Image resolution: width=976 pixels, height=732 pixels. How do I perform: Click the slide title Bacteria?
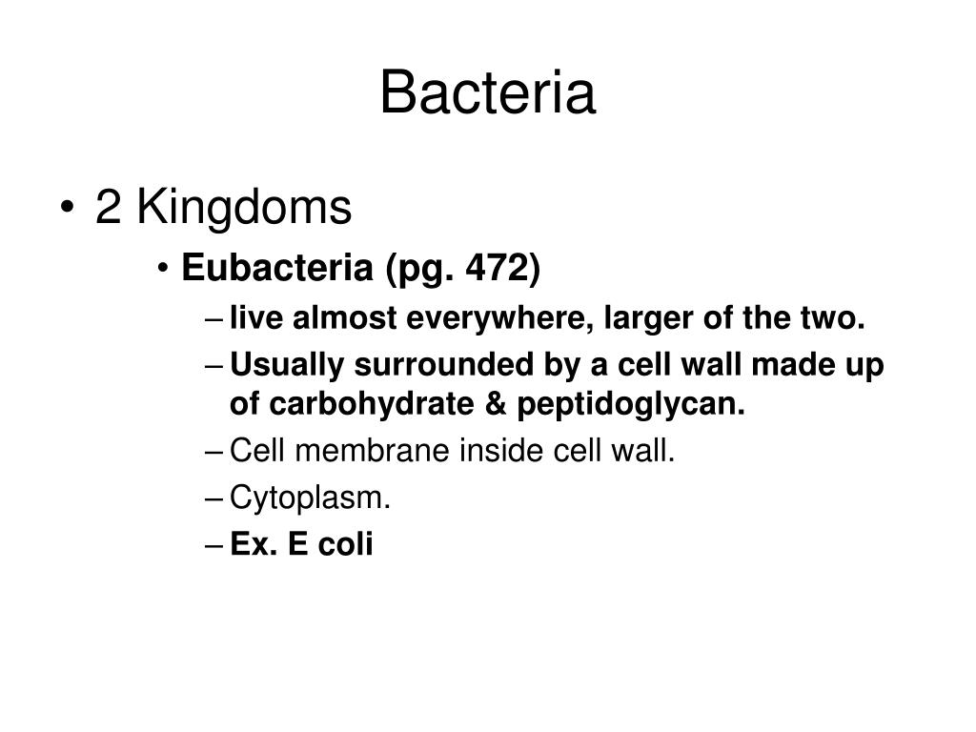point(488,92)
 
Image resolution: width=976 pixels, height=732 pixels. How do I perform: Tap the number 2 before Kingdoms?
point(108,207)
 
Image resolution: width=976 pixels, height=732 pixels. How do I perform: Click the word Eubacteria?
point(277,268)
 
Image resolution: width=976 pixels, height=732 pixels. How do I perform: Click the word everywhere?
point(496,318)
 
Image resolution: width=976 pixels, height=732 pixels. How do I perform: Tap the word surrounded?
point(444,365)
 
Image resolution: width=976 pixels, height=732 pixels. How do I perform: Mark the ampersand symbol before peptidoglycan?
point(496,404)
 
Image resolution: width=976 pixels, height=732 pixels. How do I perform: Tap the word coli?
point(345,544)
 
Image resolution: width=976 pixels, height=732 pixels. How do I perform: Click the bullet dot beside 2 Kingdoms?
point(68,207)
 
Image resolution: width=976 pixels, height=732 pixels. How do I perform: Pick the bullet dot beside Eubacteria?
point(163,269)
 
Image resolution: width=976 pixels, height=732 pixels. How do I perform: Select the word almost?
point(344,318)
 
